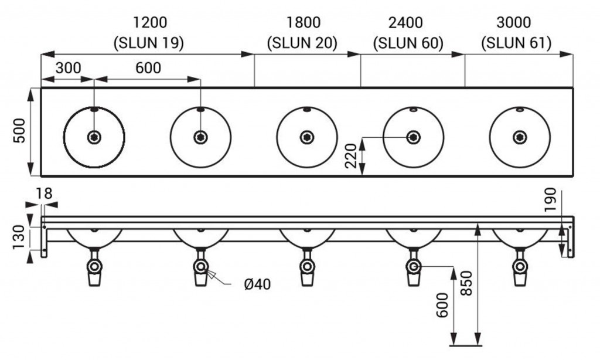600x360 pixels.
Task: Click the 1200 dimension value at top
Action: [151, 23]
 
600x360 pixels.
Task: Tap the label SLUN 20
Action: [303, 42]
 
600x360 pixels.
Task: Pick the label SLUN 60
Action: [408, 42]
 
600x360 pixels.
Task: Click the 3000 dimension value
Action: [513, 23]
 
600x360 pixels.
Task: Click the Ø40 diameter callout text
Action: [257, 285]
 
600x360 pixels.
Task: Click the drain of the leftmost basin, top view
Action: [94, 137]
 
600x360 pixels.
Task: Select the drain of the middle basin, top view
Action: [306, 137]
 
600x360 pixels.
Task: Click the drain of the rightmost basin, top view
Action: [519, 137]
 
